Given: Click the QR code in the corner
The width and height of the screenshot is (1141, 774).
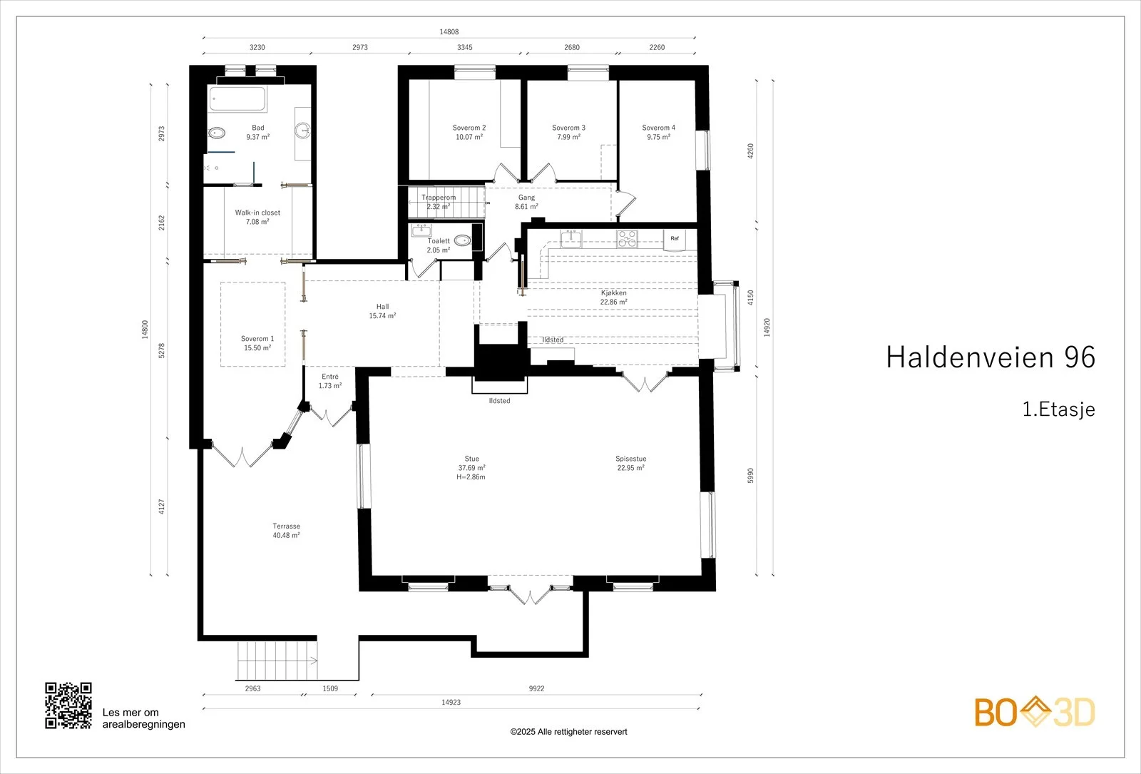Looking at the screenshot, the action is [68, 706].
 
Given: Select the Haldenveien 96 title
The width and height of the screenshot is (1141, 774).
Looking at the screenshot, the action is [991, 357].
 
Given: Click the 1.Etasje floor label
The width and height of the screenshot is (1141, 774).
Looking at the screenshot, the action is [1058, 409].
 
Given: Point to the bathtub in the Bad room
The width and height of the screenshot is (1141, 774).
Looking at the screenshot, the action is [237, 99].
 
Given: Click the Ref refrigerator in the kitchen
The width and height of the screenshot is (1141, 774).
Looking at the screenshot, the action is [675, 240].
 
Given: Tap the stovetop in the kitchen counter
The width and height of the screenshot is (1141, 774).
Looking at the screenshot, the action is [627, 239].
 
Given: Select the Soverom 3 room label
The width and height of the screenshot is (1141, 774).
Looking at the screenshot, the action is [568, 133].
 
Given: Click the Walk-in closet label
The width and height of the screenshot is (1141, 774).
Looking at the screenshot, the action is [257, 217].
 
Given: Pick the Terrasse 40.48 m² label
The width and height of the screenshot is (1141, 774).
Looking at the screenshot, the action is [286, 531].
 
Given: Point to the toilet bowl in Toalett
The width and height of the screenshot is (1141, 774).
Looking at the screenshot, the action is [463, 240].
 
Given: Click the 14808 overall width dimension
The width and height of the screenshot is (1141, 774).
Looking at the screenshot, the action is [449, 32].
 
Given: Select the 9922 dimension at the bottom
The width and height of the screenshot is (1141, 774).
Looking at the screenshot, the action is [536, 688].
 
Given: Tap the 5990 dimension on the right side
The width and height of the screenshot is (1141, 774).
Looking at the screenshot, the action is [750, 476].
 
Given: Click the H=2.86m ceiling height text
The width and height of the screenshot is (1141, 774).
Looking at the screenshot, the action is [471, 477].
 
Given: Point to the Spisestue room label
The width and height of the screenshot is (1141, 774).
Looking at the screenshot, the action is [630, 463].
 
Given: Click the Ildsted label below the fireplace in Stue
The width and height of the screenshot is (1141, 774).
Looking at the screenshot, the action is [499, 401].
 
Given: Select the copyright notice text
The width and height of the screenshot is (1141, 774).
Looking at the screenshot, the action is [568, 732].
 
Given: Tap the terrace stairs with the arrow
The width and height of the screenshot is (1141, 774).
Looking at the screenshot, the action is [277, 661].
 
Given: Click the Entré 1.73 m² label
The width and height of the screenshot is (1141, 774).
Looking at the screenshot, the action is [330, 381].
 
